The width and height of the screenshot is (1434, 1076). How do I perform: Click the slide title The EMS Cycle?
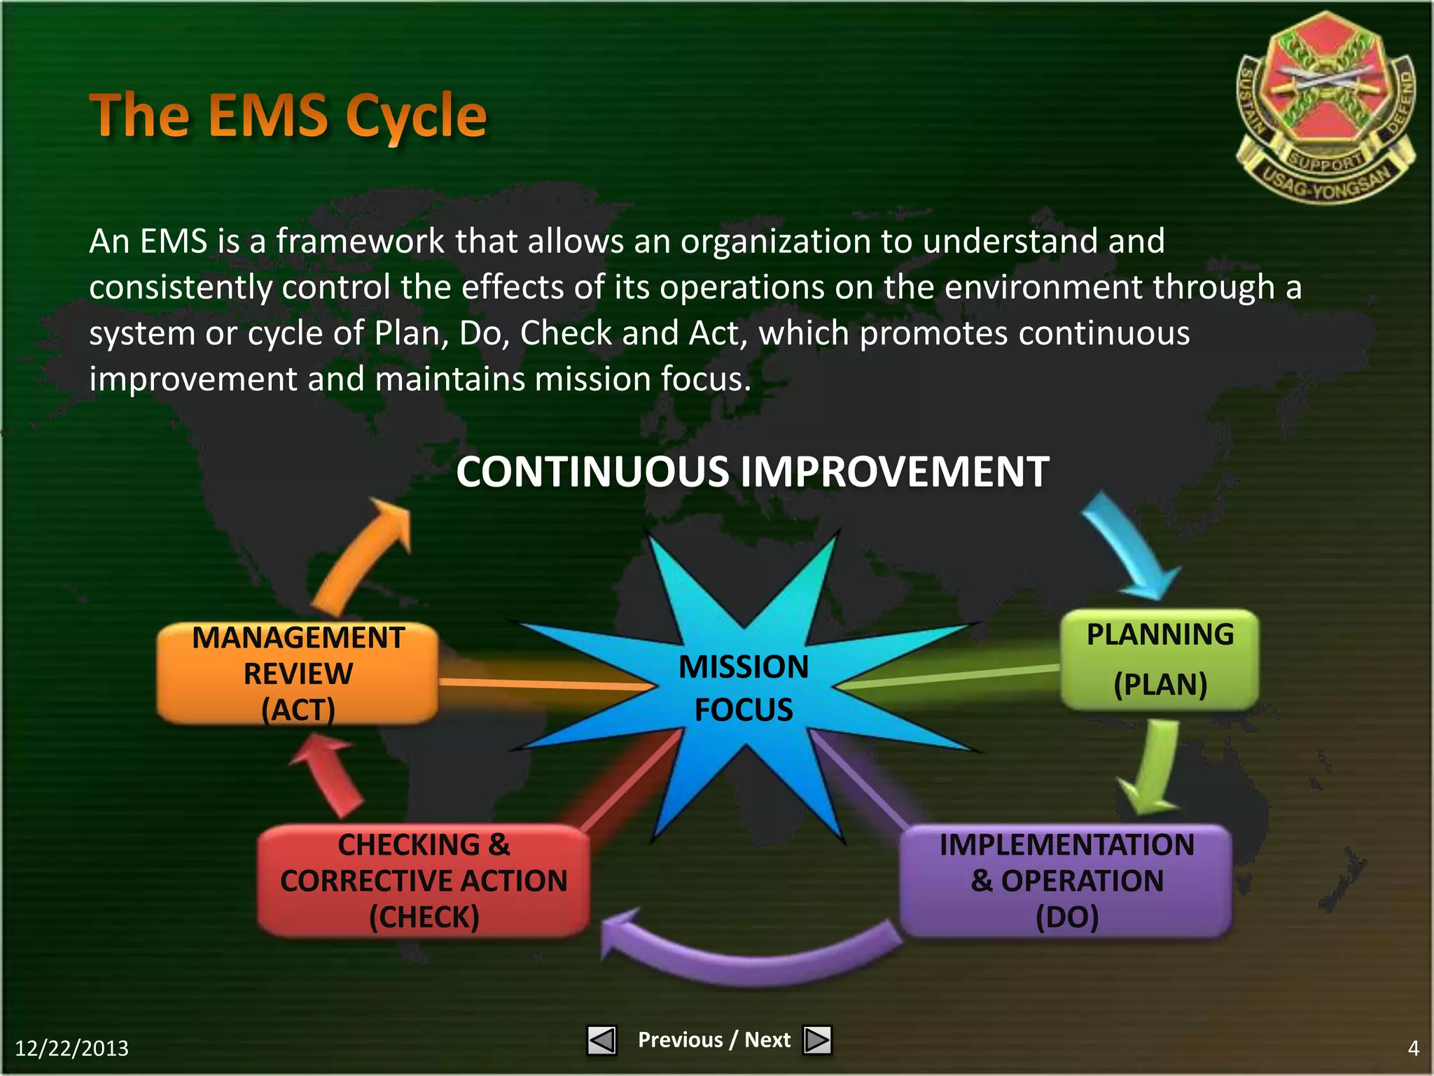pos(288,116)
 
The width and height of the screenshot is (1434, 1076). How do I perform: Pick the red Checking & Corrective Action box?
pos(424,881)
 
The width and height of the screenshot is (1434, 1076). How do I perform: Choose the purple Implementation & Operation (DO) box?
pos(1066,881)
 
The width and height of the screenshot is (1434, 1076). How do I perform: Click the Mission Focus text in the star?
pos(744,687)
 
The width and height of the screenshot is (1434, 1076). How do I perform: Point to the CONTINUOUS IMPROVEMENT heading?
pos(752,472)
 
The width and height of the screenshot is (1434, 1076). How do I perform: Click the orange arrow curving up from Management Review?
pos(364,557)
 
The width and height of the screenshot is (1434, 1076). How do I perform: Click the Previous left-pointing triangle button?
pos(601,1040)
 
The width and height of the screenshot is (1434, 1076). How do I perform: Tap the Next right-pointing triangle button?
pos(817,1040)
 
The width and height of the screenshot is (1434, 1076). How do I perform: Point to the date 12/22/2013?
pos(71,1048)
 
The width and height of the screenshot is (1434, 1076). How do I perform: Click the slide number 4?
pos(1413,1048)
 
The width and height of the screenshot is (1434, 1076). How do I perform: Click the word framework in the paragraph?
pos(360,242)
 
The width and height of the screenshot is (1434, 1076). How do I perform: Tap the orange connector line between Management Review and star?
pos(546,683)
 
